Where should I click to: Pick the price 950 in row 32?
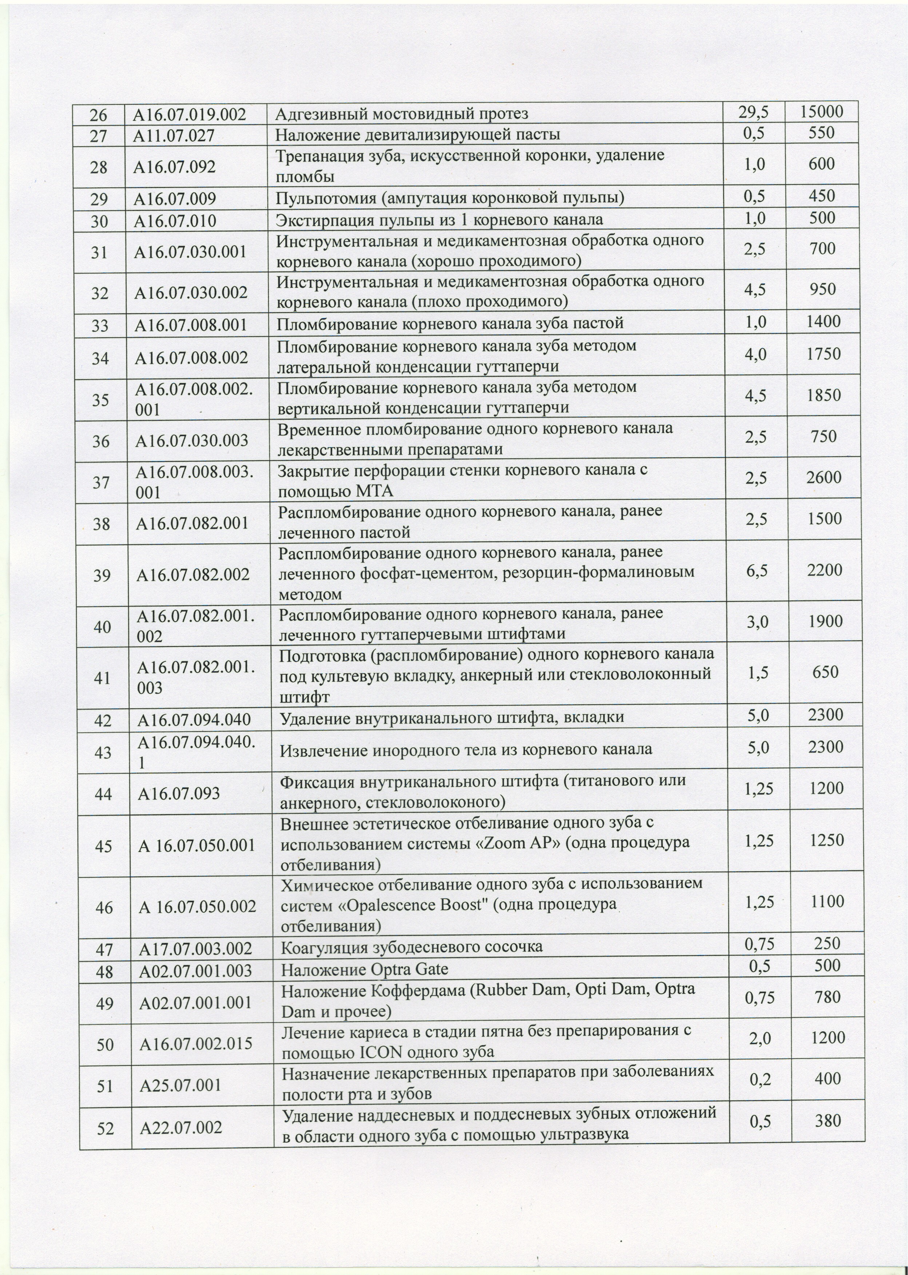pyautogui.click(x=823, y=288)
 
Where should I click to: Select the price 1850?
pyautogui.click(x=824, y=395)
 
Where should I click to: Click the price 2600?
pyautogui.click(x=824, y=477)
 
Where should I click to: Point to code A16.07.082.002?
pyautogui.click(x=193, y=574)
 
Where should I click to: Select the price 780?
pyautogui.click(x=828, y=996)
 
